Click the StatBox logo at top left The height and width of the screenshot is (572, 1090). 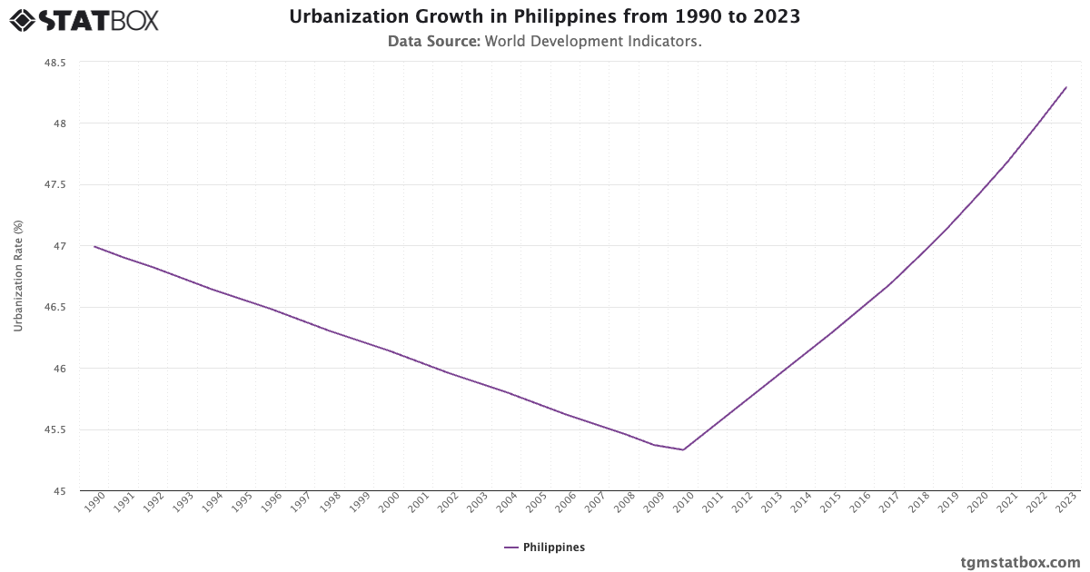coord(84,20)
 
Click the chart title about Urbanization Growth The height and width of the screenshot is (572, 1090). coord(544,17)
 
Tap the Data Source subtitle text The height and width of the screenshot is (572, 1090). coord(544,42)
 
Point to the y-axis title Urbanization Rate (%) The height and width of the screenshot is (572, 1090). coord(18,276)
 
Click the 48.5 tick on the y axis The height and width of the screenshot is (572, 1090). coord(54,63)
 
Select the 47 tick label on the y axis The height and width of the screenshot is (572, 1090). coord(60,246)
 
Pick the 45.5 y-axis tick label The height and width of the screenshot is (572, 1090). coord(54,430)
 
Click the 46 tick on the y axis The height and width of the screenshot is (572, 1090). coord(60,369)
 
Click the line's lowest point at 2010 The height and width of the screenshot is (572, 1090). coord(683,449)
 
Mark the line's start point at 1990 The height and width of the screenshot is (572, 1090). coord(94,246)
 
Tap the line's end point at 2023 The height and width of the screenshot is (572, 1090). coord(1065,87)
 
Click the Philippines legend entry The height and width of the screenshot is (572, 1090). coord(544,547)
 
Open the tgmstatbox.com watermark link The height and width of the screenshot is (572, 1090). coord(1020,562)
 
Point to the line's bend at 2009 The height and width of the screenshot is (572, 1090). coord(654,445)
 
